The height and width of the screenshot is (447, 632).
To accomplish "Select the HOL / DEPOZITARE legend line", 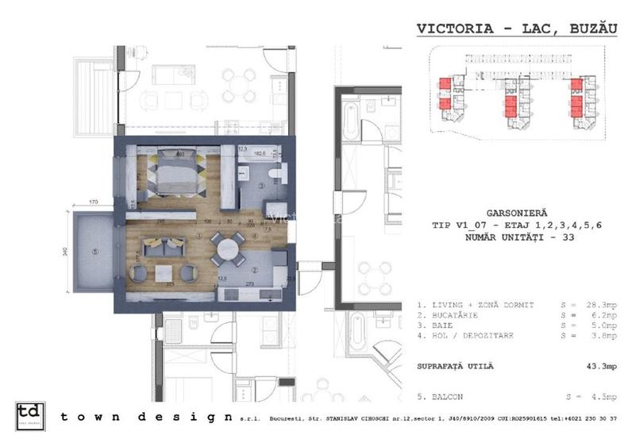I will [468, 336].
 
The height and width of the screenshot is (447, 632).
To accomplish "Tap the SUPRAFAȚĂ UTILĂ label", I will [455, 366].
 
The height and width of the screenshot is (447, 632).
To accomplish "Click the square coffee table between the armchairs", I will [164, 272].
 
